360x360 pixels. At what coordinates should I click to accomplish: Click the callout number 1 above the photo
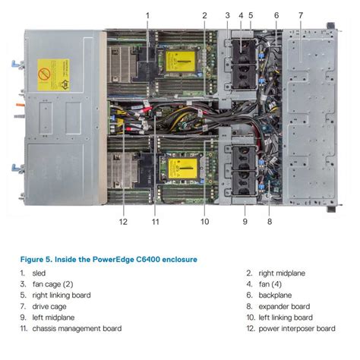pyautogui.click(x=147, y=15)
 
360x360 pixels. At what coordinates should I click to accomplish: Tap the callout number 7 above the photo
pyautogui.click(x=300, y=15)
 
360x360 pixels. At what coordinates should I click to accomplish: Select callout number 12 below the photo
pyautogui.click(x=122, y=222)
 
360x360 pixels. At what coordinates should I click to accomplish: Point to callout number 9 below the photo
pyautogui.click(x=245, y=222)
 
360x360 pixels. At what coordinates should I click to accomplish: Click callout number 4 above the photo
pyautogui.click(x=241, y=15)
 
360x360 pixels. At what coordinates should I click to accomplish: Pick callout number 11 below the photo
pyautogui.click(x=155, y=222)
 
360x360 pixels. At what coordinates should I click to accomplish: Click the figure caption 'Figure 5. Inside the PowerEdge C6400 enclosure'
pyautogui.click(x=109, y=259)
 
